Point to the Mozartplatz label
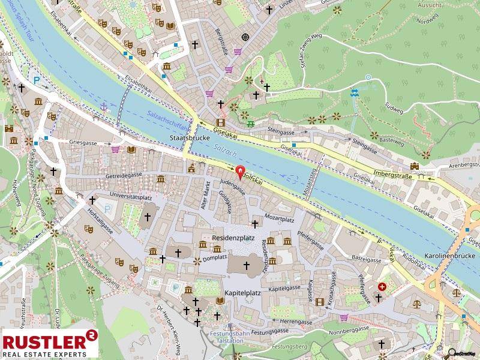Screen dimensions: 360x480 278,220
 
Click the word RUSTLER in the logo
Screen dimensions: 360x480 42,342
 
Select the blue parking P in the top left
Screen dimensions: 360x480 37,79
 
